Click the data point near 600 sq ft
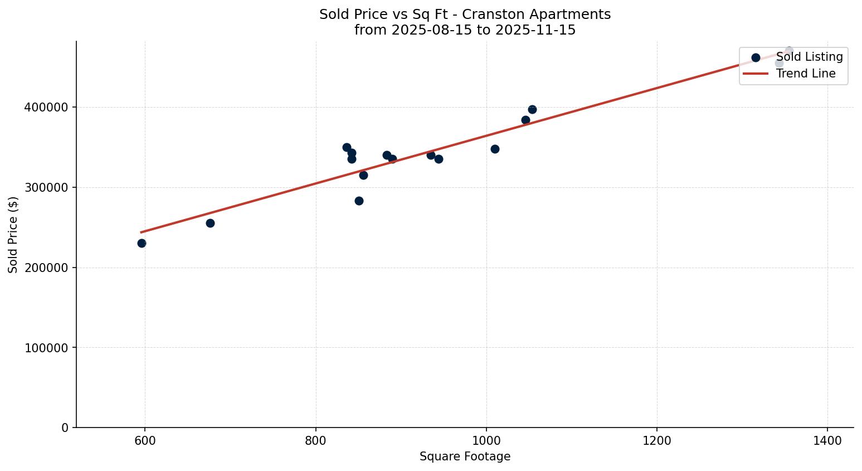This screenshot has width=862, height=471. pos(142,243)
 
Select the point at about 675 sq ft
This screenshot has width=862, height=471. pos(210,223)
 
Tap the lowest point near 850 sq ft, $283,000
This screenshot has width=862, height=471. pos(359,201)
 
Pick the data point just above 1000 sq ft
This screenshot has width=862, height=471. pos(495,149)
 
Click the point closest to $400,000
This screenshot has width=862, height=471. pos(532,109)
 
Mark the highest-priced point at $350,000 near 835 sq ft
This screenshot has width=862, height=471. pos(347,147)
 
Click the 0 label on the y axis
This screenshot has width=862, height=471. pos(65,428)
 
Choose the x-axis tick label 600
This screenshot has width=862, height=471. pos(145,441)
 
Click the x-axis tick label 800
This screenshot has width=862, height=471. pos(316,441)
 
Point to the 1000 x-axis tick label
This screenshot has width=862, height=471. pos(486,441)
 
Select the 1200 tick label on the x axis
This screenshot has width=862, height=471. pos(657,441)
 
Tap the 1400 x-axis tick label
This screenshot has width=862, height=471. pos(827,441)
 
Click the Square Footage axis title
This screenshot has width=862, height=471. pos(465,457)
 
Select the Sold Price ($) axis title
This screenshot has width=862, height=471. pos(13,235)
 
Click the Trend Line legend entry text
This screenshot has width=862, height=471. pos(806,74)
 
